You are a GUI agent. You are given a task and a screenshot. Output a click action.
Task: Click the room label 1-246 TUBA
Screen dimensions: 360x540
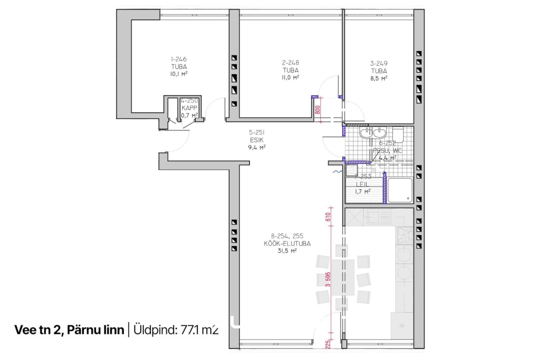(179, 63)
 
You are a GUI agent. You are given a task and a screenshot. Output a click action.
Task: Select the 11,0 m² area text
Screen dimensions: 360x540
(291, 77)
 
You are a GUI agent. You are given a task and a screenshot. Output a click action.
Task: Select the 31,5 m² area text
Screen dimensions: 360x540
(288, 251)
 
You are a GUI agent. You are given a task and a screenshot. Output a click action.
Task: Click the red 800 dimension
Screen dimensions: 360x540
(318, 109)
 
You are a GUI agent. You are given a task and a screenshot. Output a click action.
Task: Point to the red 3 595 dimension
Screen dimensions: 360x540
(328, 279)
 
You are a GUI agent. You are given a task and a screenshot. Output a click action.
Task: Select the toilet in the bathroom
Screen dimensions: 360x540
(398, 134)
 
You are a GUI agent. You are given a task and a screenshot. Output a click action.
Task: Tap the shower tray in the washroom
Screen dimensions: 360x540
(400, 190)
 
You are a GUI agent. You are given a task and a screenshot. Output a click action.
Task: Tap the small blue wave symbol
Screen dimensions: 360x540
(335, 171)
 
